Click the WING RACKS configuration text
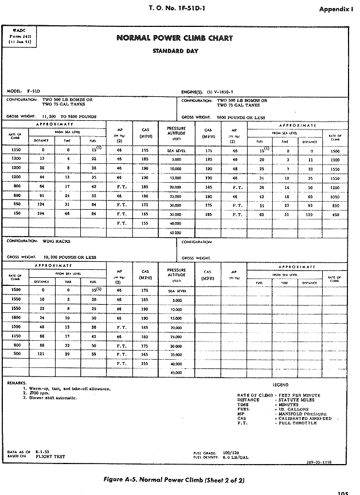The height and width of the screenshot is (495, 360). [56, 241]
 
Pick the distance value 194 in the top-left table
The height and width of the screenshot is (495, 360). [42, 213]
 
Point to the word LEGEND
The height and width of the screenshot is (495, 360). [280, 385]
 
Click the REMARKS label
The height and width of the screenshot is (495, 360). [17, 383]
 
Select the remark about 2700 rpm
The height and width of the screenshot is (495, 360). [39, 393]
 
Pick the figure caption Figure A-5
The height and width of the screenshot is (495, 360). [179, 477]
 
